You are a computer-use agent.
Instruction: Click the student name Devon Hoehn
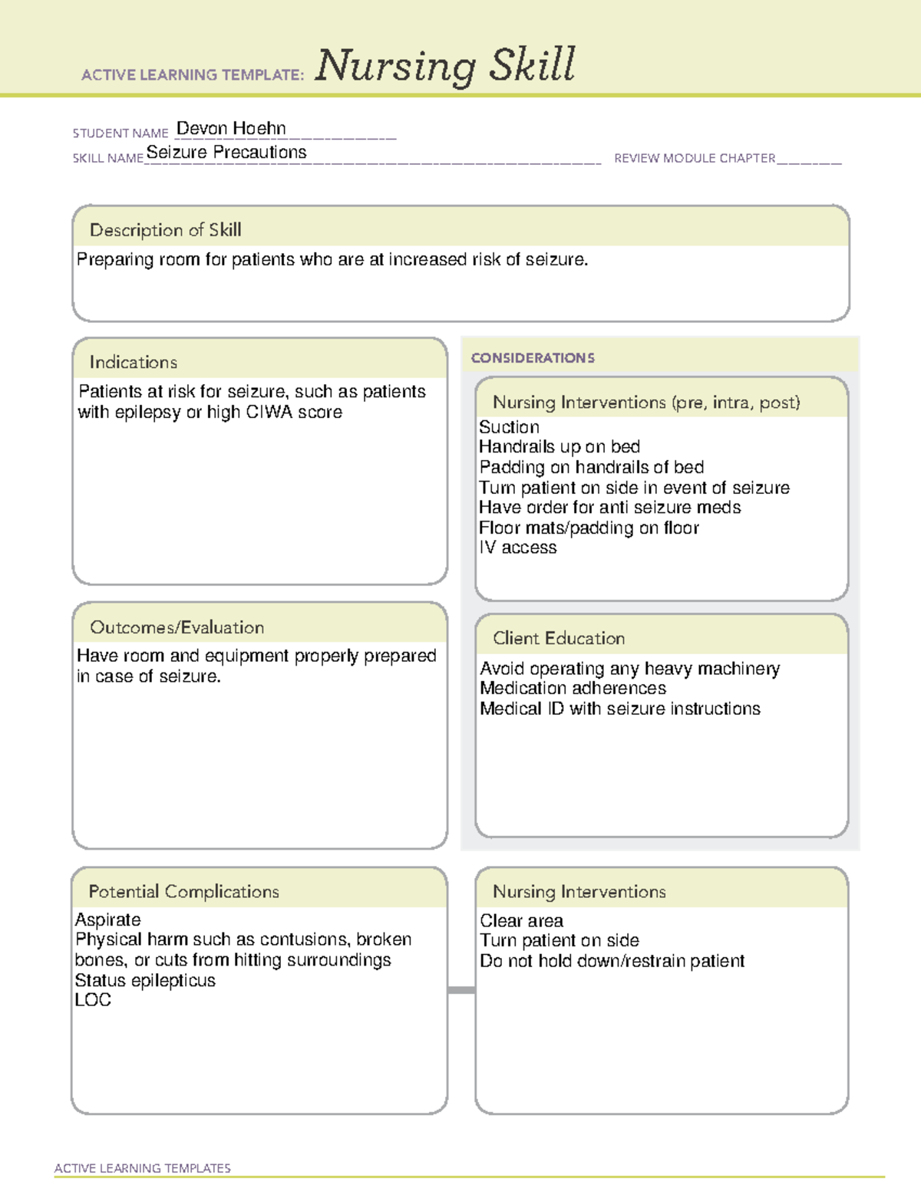coord(231,128)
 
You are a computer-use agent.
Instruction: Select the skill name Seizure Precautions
coord(226,152)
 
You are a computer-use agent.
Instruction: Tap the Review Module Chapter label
coord(695,158)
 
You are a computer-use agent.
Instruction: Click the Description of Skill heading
coord(165,230)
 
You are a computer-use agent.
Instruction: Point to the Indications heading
coord(133,362)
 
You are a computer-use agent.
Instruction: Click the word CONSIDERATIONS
coord(533,358)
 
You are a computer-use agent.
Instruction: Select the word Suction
coord(509,427)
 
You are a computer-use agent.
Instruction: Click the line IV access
coord(518,548)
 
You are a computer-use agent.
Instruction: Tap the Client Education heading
coord(559,638)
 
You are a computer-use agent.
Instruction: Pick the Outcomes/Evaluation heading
coord(177,627)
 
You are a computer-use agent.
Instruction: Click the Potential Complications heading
coord(183,891)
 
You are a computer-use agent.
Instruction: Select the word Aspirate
coord(108,920)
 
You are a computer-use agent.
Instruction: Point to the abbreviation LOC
coord(93,1000)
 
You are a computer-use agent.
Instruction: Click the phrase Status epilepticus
coord(145,980)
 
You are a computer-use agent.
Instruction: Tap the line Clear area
coord(521,920)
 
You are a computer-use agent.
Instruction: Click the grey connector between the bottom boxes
coord(461,990)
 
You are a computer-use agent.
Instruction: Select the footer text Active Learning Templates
coord(142,1168)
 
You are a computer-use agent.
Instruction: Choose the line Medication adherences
coord(573,688)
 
